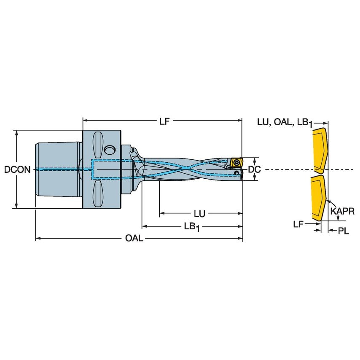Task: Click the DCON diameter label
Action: pos(17,169)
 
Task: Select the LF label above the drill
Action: pos(165,121)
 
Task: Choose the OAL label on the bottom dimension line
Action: pos(134,239)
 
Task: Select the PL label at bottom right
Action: pos(344,231)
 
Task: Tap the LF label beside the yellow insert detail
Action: pos(298,224)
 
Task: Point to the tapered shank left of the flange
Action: pos(57,169)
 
